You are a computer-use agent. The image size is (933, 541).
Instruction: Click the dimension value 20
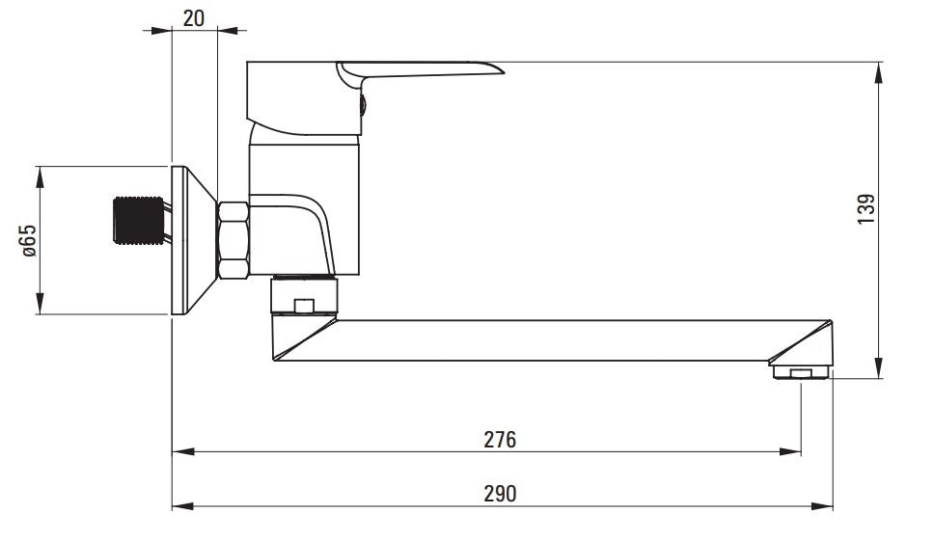pyautogui.click(x=193, y=17)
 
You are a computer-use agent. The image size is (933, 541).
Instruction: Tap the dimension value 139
pyautogui.click(x=866, y=209)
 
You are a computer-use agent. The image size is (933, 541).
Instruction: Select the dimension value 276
pyautogui.click(x=500, y=440)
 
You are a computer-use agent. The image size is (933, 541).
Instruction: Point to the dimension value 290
pyautogui.click(x=500, y=494)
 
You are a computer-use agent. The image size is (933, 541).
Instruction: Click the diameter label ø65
pyautogui.click(x=29, y=240)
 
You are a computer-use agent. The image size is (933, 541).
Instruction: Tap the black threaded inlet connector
pyautogui.click(x=138, y=220)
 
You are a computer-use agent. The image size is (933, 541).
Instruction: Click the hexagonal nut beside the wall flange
pyautogui.click(x=233, y=240)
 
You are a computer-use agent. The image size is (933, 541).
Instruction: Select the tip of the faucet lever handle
pyautogui.click(x=504, y=72)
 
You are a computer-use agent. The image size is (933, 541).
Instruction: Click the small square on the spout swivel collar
pyautogui.click(x=304, y=306)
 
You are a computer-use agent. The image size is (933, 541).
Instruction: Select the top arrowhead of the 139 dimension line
pyautogui.click(x=880, y=73)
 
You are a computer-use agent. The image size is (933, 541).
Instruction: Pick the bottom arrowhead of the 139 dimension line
pyautogui.click(x=880, y=366)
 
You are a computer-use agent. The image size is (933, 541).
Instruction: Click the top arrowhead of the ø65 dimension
pyautogui.click(x=41, y=177)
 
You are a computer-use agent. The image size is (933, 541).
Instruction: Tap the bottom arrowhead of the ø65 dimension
pyautogui.click(x=41, y=303)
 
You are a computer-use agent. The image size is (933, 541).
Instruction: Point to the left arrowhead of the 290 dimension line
pyautogui.click(x=182, y=506)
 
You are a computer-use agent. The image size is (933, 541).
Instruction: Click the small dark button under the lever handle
pyautogui.click(x=363, y=106)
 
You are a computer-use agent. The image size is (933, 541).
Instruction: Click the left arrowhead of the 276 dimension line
pyautogui.click(x=182, y=452)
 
